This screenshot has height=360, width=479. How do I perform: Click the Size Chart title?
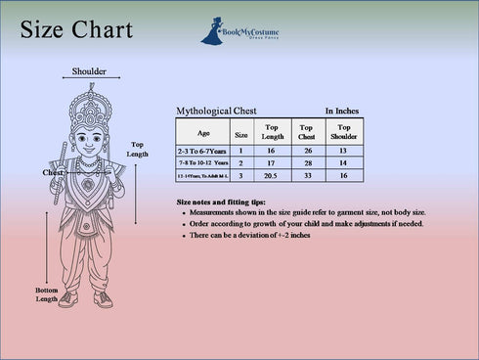76,31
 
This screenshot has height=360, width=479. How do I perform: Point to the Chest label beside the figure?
53,173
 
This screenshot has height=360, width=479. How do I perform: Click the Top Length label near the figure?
138,150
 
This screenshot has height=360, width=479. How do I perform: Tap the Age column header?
203,132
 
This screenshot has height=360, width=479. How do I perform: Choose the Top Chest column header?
307,132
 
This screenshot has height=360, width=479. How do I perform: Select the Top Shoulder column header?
343,132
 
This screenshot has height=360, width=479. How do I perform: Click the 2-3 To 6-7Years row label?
202,152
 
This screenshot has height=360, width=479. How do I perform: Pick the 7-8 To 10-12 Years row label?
202,163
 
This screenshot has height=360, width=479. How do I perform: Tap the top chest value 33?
307,176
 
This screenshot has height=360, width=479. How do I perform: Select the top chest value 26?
307,152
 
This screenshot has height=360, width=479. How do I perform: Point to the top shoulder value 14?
343,163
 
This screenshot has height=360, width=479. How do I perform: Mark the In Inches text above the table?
343,112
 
